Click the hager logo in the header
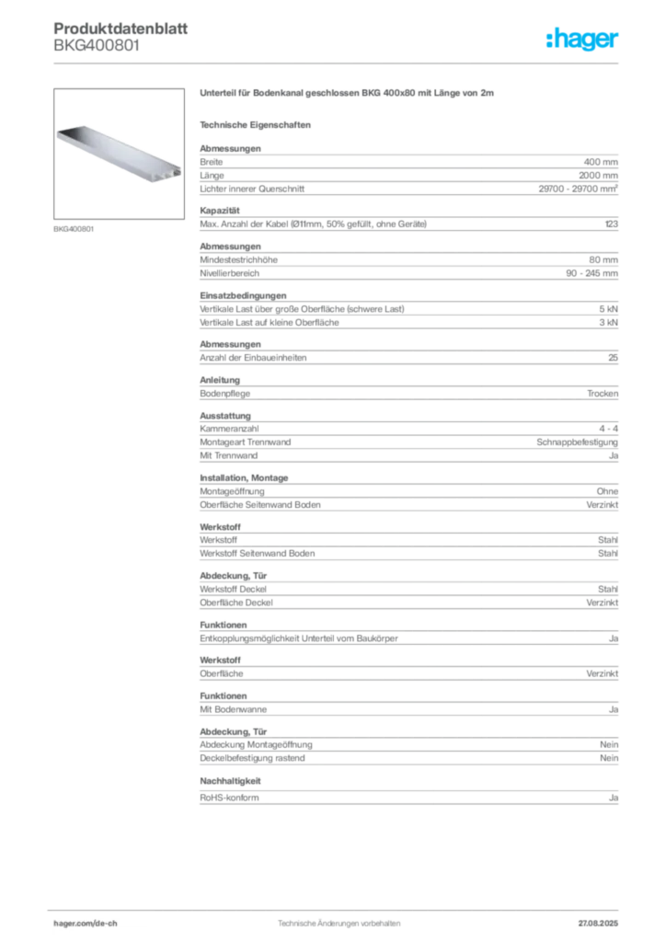point(581,40)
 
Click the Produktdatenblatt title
point(121,29)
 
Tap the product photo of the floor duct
point(119,154)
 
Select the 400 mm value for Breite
point(601,162)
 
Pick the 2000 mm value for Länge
point(598,176)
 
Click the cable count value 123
point(612,224)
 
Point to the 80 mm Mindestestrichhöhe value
point(603,260)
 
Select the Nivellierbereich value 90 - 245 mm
point(591,273)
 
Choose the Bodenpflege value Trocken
point(603,394)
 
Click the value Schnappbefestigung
point(577,442)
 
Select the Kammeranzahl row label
point(229,429)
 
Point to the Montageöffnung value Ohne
point(607,491)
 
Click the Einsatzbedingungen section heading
point(243,295)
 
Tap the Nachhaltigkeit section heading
point(230,781)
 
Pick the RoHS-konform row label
point(229,798)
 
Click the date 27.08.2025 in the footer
point(598,924)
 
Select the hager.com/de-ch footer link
point(86,924)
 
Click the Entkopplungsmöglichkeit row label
point(299,638)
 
